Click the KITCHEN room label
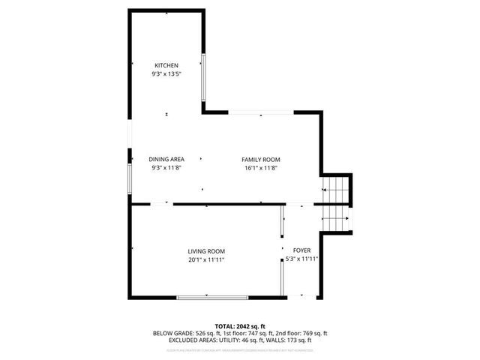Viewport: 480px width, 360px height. point(166,66)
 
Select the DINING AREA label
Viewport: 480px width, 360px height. point(166,159)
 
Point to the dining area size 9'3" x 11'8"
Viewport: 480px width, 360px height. point(166,168)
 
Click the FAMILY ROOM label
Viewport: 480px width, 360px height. point(260,159)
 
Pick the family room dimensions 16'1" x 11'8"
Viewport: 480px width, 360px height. point(260,168)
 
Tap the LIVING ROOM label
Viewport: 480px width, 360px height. point(206,251)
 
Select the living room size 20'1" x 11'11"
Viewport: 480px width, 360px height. point(206,259)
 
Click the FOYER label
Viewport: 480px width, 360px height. point(301,250)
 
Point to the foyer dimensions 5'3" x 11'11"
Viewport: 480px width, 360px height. point(302,259)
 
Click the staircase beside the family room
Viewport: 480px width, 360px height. point(337,204)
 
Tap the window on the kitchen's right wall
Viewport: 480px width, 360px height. point(203,77)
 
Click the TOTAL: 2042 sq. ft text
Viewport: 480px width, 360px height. point(240,326)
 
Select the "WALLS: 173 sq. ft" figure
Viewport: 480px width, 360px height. point(292,340)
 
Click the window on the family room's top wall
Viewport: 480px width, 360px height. point(262,113)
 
